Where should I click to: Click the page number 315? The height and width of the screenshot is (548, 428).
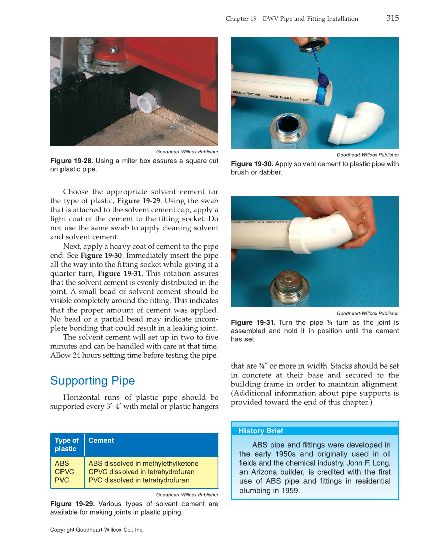click(x=392, y=18)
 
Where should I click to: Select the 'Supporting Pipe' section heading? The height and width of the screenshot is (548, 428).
click(x=92, y=381)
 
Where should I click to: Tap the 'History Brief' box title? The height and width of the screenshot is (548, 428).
click(x=261, y=431)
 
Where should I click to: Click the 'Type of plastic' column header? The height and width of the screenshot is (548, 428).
click(x=67, y=444)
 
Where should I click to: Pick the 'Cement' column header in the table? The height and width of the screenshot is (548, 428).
click(x=101, y=440)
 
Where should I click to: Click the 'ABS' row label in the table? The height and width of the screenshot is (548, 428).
click(x=62, y=463)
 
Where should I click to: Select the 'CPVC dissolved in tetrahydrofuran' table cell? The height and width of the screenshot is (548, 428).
click(x=141, y=472)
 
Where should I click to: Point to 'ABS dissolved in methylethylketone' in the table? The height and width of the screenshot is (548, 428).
click(x=143, y=463)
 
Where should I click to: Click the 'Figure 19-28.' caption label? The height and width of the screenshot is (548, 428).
click(x=72, y=161)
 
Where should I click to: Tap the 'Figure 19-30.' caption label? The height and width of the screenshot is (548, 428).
click(x=252, y=164)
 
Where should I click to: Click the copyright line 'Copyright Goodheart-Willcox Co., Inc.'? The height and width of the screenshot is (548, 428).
click(x=97, y=530)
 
